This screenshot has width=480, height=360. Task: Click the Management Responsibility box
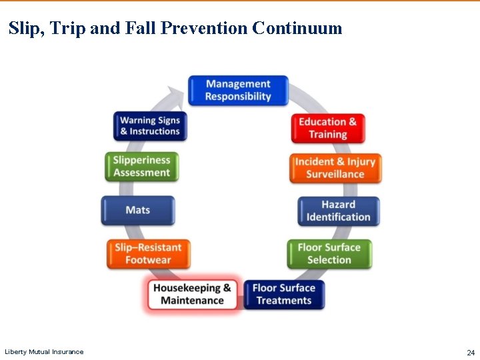(x=238, y=91)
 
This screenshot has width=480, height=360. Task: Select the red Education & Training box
(x=327, y=128)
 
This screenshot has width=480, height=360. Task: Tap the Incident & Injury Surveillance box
(x=335, y=168)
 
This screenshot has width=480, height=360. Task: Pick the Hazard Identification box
(x=338, y=211)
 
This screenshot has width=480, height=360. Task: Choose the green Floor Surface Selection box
(x=329, y=253)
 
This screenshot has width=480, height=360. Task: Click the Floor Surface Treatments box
(x=283, y=294)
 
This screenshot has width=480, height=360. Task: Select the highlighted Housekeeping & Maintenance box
(x=192, y=294)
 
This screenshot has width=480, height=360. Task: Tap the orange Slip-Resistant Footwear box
(x=148, y=253)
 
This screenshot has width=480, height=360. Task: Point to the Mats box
(x=138, y=210)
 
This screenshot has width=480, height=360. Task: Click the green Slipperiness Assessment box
(x=141, y=166)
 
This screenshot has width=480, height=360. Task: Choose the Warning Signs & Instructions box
(x=150, y=126)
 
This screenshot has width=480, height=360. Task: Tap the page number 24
(x=470, y=352)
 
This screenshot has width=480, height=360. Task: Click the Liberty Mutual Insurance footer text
(x=44, y=352)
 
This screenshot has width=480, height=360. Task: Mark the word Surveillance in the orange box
(x=335, y=175)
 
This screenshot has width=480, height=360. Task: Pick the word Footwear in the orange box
(x=149, y=260)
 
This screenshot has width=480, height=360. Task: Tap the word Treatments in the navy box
(x=283, y=301)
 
